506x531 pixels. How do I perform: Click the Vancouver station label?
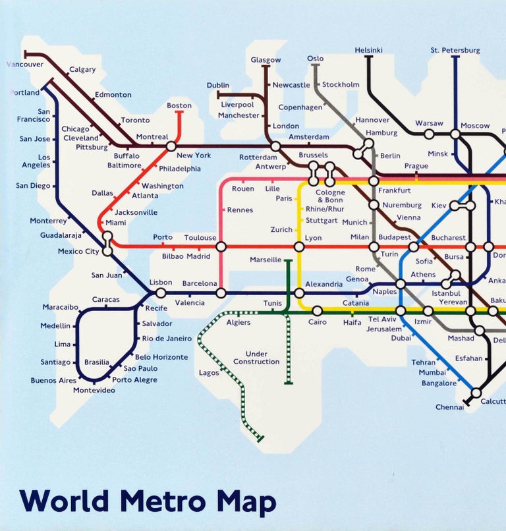[x=25, y=65]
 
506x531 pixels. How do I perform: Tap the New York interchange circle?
[x=171, y=146]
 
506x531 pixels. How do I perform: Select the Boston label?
[x=179, y=105]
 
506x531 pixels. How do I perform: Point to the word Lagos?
[x=209, y=373]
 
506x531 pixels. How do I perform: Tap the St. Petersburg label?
[x=455, y=50]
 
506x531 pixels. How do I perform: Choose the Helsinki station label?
[x=368, y=50]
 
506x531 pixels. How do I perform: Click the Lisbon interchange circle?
[x=161, y=293]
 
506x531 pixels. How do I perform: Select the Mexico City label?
[x=78, y=251]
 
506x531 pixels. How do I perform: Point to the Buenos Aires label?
[x=53, y=381]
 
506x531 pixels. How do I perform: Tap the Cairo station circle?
[x=317, y=310]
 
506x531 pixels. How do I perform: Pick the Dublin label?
[x=218, y=86]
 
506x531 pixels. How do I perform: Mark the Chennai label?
[x=449, y=407]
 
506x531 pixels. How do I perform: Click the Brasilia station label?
[x=96, y=362]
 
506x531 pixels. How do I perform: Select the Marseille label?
[x=266, y=260]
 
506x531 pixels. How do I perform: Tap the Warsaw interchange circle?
[x=429, y=134]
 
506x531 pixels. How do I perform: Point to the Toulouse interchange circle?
[x=221, y=246]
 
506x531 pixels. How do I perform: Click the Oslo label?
[x=316, y=59]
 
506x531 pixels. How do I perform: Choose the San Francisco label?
[x=34, y=115]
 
